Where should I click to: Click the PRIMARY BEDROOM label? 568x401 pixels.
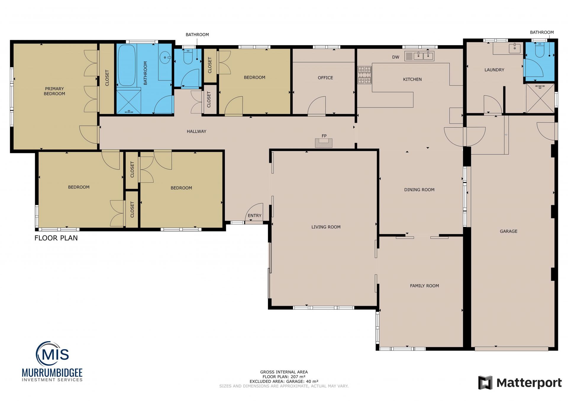point(54,91)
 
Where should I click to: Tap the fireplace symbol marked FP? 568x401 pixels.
point(324,143)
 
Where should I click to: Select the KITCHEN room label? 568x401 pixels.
point(412,79)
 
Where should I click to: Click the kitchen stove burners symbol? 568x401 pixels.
point(364,75)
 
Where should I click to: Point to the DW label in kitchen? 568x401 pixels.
point(396,57)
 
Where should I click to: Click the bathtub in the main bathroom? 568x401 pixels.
point(127,65)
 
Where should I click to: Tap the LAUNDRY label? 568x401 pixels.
point(494,70)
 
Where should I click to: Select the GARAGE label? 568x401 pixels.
point(509,231)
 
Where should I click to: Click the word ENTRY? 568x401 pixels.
point(254,216)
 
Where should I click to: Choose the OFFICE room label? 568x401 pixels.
point(325,78)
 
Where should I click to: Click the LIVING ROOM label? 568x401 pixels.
point(326,227)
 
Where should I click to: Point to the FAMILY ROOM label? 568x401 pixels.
point(425,286)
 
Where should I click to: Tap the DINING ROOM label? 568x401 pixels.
point(419,190)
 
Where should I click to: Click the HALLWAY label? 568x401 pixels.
point(196,131)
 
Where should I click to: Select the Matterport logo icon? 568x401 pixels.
point(485,383)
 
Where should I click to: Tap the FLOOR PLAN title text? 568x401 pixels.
point(56,238)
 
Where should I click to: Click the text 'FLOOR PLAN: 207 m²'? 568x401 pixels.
point(284,377)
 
